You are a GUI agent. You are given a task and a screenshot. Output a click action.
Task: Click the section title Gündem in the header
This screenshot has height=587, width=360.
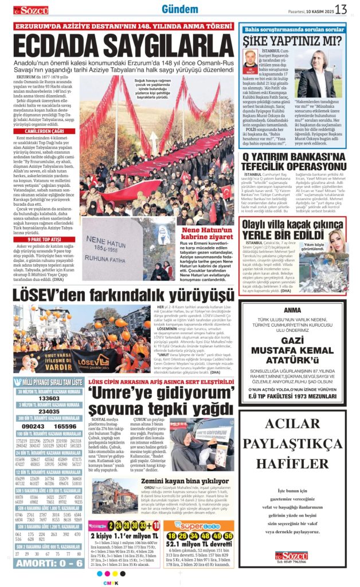[179, 9]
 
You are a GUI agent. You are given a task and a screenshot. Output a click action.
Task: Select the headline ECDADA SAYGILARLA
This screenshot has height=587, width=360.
[123, 46]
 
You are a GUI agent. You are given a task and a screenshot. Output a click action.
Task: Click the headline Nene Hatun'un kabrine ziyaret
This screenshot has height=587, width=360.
[207, 234]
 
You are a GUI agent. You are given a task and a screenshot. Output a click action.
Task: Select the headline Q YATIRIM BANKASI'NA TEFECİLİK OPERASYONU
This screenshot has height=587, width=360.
[293, 161]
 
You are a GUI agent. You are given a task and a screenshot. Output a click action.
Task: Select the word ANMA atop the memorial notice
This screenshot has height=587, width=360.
[292, 310]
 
